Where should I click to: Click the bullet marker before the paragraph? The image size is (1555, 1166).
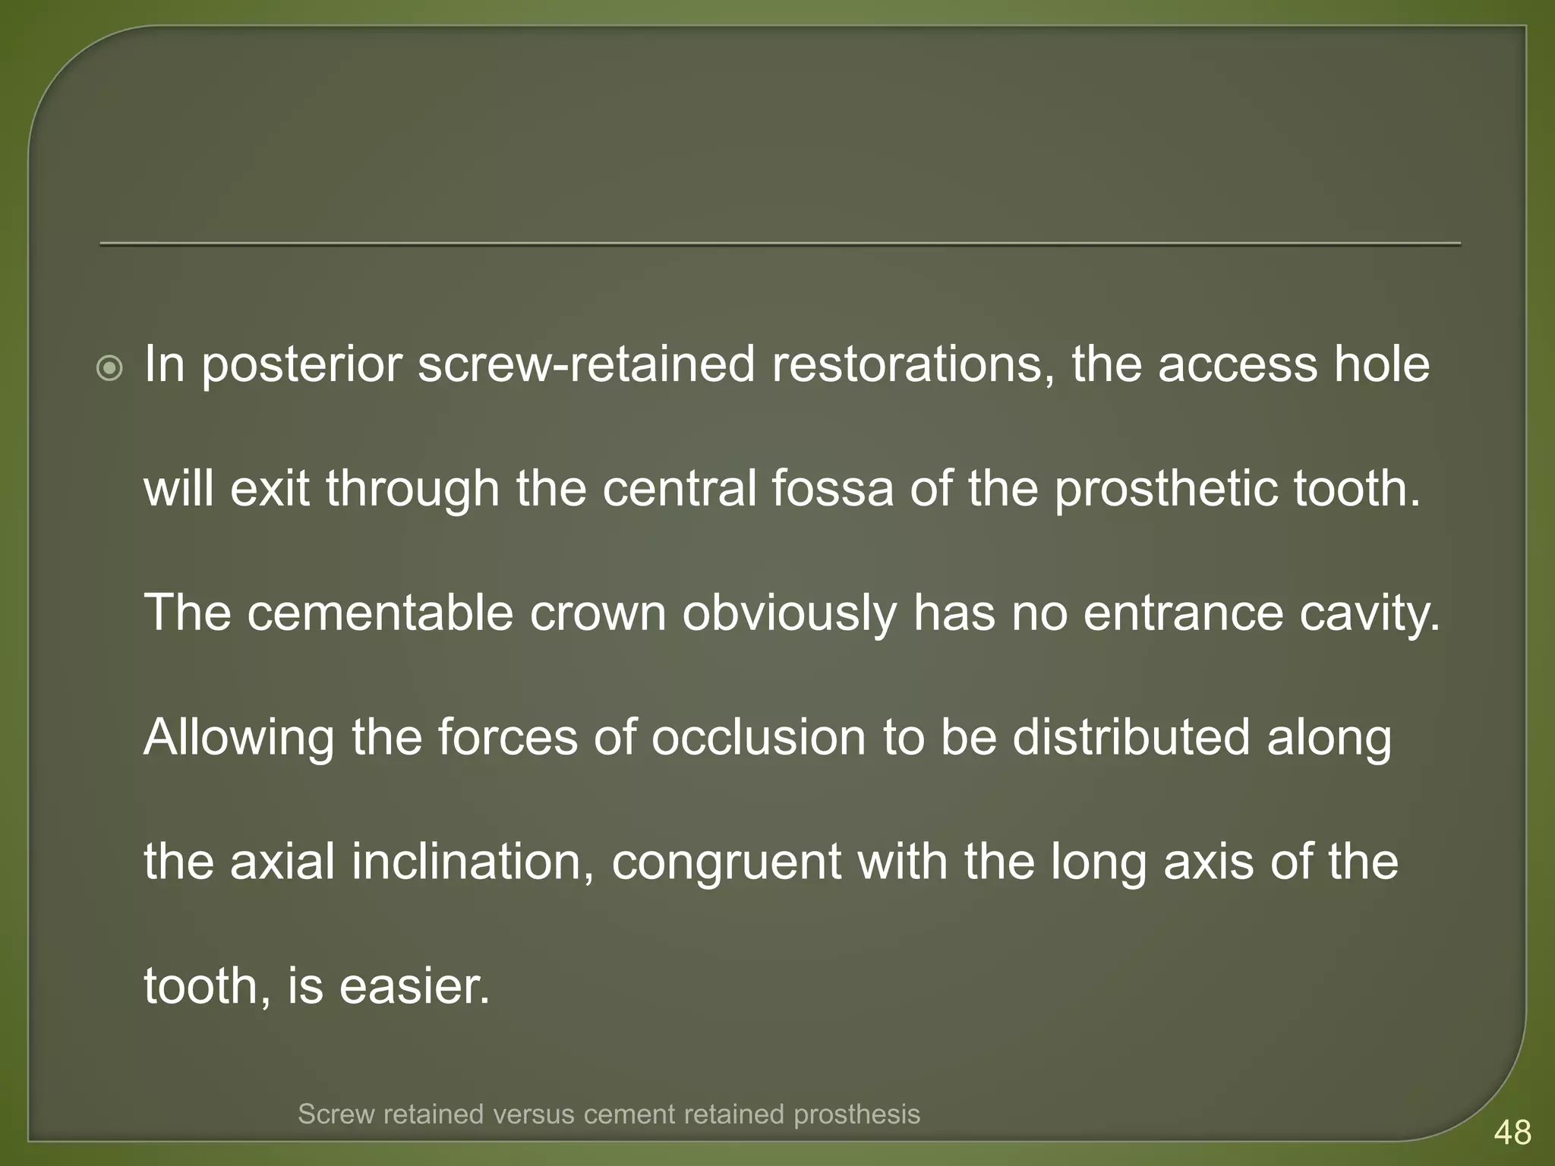click(110, 370)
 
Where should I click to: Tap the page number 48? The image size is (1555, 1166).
click(1512, 1133)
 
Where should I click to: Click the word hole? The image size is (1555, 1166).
click(1382, 364)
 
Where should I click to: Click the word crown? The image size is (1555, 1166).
click(598, 613)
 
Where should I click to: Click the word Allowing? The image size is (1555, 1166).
click(238, 739)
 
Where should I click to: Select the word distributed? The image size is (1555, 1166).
click(1131, 737)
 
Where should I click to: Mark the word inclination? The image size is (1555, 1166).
click(472, 862)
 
